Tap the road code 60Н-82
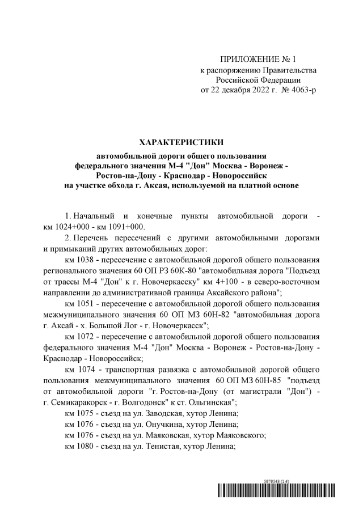coord(215,314)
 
